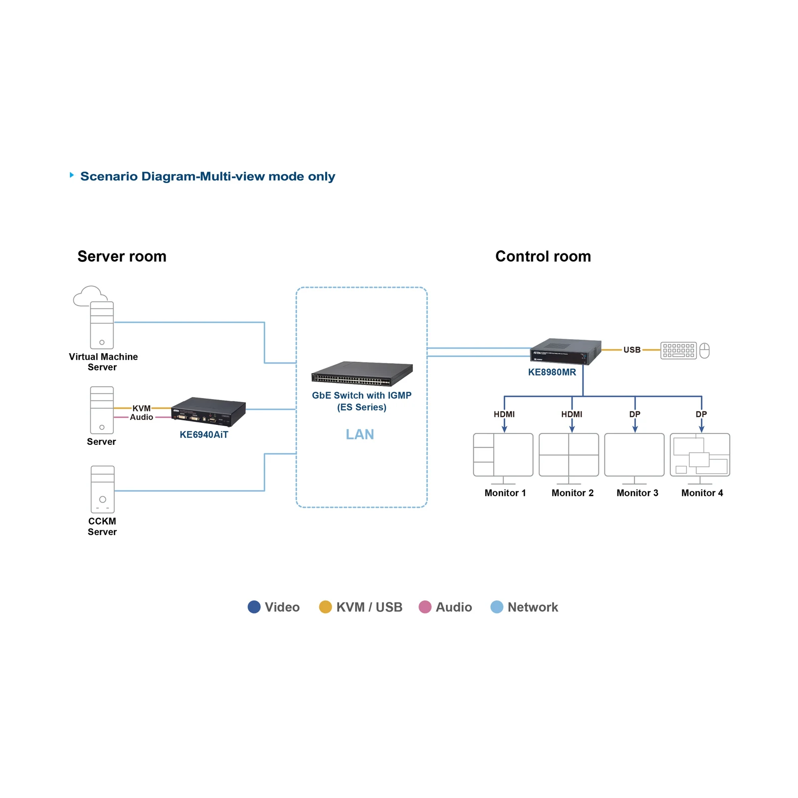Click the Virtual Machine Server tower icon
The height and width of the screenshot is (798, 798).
point(102,325)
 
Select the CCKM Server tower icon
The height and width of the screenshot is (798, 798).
point(102,489)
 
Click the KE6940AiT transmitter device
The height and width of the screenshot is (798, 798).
point(208,412)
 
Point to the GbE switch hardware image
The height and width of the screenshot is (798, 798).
point(362,374)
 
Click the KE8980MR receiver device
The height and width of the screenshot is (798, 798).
point(565,352)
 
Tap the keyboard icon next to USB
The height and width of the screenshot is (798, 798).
point(678,351)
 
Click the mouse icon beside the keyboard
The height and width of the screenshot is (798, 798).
point(704,351)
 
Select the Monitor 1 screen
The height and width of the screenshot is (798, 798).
point(503,455)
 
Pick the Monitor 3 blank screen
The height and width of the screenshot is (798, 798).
point(634,455)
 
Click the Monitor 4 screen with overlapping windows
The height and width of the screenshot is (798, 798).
point(700,455)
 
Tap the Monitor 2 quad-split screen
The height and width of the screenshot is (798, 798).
point(569,455)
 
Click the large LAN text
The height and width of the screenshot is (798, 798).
point(360,434)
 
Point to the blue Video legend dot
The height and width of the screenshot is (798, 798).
point(254,607)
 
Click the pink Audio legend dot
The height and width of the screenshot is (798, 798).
point(425,607)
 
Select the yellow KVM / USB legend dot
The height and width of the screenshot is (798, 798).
point(325,607)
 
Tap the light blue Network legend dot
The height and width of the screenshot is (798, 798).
point(497,607)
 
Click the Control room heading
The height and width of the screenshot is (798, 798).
point(543,256)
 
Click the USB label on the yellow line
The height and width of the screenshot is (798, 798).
point(632,350)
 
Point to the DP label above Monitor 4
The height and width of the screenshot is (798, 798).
point(701,414)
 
